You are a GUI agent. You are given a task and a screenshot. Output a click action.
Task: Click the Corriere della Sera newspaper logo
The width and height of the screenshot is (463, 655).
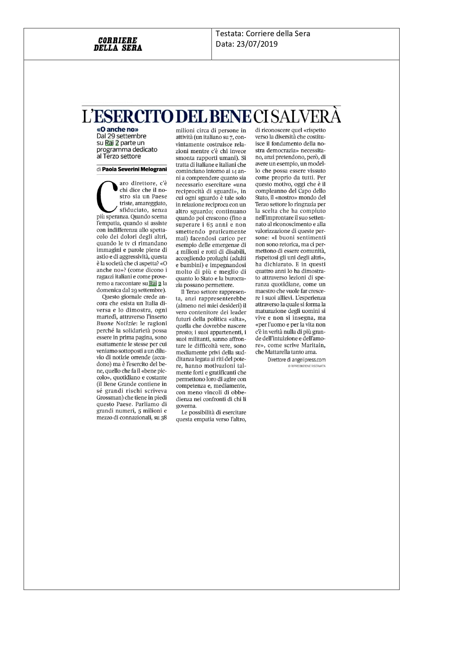pos(118,44)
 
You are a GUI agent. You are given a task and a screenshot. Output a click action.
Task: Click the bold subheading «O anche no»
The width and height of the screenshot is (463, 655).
pos(115,130)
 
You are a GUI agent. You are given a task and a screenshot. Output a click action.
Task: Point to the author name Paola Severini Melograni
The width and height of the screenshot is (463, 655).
pos(134,169)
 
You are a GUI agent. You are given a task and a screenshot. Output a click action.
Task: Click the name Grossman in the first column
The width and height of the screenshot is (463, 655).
pos(107,398)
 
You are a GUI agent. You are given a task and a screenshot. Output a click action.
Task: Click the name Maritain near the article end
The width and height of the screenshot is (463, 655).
pos(312,345)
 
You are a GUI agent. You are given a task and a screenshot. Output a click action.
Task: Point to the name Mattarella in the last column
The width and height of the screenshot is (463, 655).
pos(278,352)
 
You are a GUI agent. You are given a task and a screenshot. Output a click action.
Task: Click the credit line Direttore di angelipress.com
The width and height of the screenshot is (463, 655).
pos(297,360)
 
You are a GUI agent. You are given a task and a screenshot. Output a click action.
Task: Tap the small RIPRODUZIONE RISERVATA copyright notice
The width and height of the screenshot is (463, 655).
pos(307,366)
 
